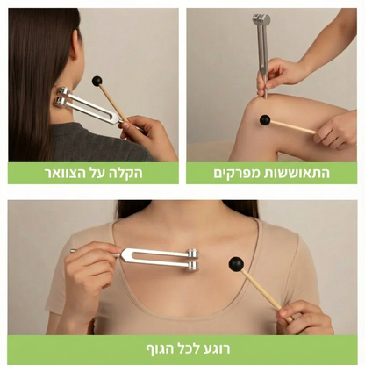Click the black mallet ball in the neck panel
click(97, 82)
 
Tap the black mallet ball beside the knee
click(264, 119)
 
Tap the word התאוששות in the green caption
click(300, 172)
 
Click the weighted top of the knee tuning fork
click(261, 20)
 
